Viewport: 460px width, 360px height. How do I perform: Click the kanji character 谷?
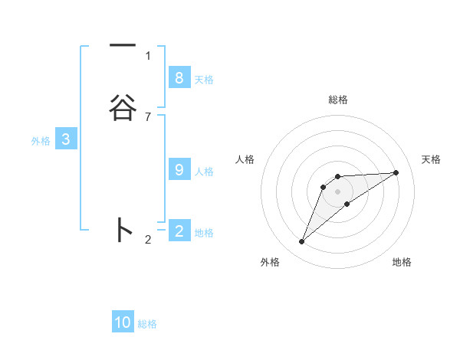point(123,107)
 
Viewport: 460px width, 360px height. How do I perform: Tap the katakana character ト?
point(123,231)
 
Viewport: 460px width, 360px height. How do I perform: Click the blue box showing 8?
point(179,78)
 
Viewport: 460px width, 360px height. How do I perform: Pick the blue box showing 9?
point(179,170)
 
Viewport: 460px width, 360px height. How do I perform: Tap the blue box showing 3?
point(66,139)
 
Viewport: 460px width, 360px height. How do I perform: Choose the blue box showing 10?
point(123,322)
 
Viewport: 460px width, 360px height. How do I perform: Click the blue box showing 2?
point(179,231)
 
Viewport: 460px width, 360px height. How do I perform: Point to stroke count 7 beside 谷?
point(148,117)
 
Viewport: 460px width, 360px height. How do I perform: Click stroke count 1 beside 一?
point(148,55)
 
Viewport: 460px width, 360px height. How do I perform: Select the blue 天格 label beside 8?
point(204,80)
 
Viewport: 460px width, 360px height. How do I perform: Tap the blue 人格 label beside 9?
point(204,172)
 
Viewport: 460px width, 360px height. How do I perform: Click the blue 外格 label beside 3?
point(41,141)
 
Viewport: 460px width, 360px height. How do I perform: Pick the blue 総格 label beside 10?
point(147,324)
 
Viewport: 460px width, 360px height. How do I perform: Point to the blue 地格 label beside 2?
point(204,233)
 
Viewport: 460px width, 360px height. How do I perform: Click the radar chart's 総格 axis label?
point(338,100)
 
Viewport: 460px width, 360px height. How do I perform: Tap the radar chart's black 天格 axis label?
point(432,159)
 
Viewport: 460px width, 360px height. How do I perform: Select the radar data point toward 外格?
point(302,242)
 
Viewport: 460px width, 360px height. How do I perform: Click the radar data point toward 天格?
point(396,172)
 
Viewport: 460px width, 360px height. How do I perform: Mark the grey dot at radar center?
point(338,191)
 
